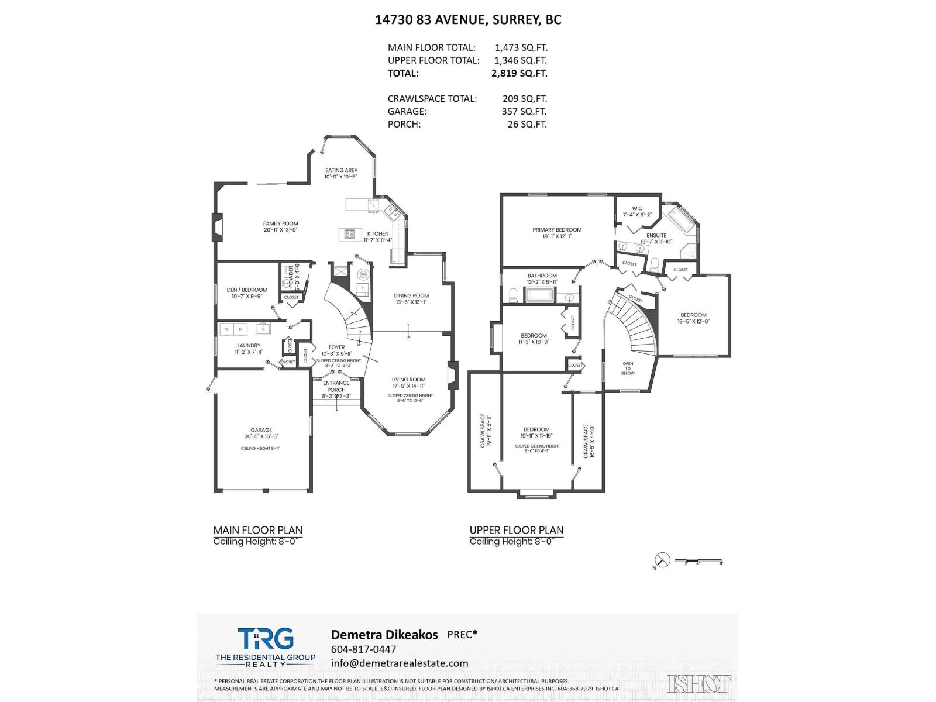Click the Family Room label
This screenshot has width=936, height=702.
pos(280,223)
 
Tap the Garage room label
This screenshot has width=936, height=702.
pos(261,430)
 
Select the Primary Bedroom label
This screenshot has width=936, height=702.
pos(556,230)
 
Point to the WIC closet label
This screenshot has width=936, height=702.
pos(637,208)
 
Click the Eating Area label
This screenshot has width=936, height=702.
pos(341,170)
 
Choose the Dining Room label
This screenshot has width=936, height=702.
pos(411,295)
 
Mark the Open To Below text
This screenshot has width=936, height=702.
pos(627,368)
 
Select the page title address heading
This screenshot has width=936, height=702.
pos(467,20)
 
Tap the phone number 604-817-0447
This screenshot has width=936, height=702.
pos(363,649)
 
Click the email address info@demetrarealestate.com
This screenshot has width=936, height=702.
pos(400,663)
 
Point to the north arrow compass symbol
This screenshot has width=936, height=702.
pos(662,560)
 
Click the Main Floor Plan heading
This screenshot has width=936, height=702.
pos(258,530)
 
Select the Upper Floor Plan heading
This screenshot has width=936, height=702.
pos(517,530)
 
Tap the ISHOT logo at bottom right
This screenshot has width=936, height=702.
pos(699,683)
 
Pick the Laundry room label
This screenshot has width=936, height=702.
pos(249,346)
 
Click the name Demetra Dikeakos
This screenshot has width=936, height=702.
pos(384,635)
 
